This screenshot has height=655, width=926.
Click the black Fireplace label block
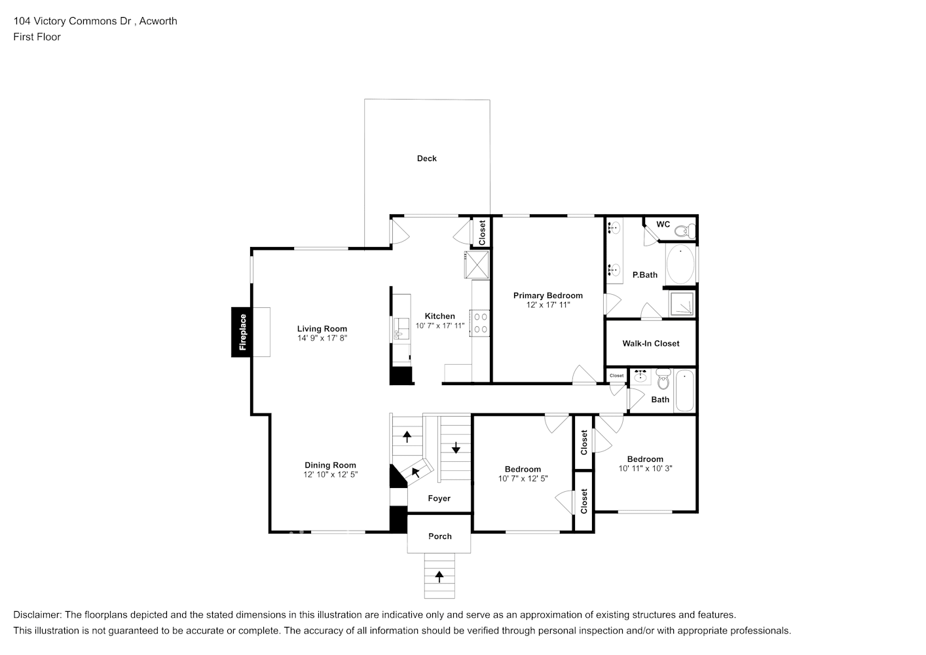[241, 332]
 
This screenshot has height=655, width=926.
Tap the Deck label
[426, 159]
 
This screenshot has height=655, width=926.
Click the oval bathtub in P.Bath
[680, 264]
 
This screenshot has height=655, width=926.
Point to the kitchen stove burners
[481, 323]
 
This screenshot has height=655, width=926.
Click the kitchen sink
[401, 329]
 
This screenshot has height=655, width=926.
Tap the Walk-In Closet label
[651, 343]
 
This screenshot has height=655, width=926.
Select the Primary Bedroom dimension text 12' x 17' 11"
[548, 305]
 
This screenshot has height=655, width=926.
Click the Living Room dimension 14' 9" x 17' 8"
[322, 338]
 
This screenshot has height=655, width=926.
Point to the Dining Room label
[330, 465]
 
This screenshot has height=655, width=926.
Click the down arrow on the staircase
[456, 447]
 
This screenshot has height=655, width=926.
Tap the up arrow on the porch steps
[439, 576]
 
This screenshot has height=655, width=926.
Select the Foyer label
[439, 498]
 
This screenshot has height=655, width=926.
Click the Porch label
[440, 536]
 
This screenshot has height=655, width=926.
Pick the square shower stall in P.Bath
[681, 304]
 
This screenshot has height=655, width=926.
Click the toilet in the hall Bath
[663, 379]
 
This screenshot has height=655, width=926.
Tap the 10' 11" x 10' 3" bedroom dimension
[645, 468]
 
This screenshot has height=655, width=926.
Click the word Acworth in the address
[158, 21]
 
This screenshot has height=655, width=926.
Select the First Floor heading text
[37, 37]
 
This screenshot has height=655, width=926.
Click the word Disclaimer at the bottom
[37, 614]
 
